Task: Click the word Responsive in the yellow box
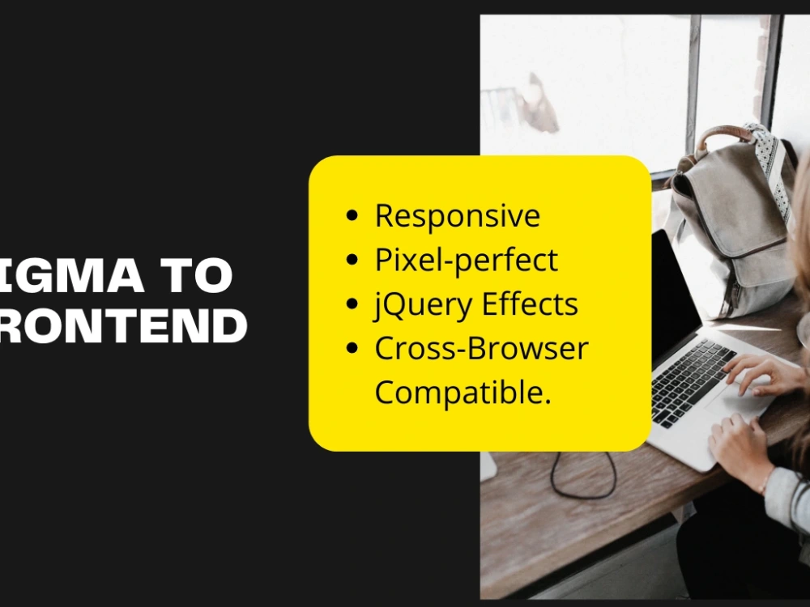(457, 216)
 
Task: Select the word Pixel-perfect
(466, 261)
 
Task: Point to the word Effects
(530, 304)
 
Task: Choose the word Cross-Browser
(481, 349)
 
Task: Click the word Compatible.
(463, 393)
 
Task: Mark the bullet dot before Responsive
(352, 217)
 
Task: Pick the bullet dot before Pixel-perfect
(352, 261)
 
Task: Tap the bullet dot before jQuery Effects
(352, 305)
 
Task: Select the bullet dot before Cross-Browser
(352, 350)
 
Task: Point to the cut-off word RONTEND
(122, 325)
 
